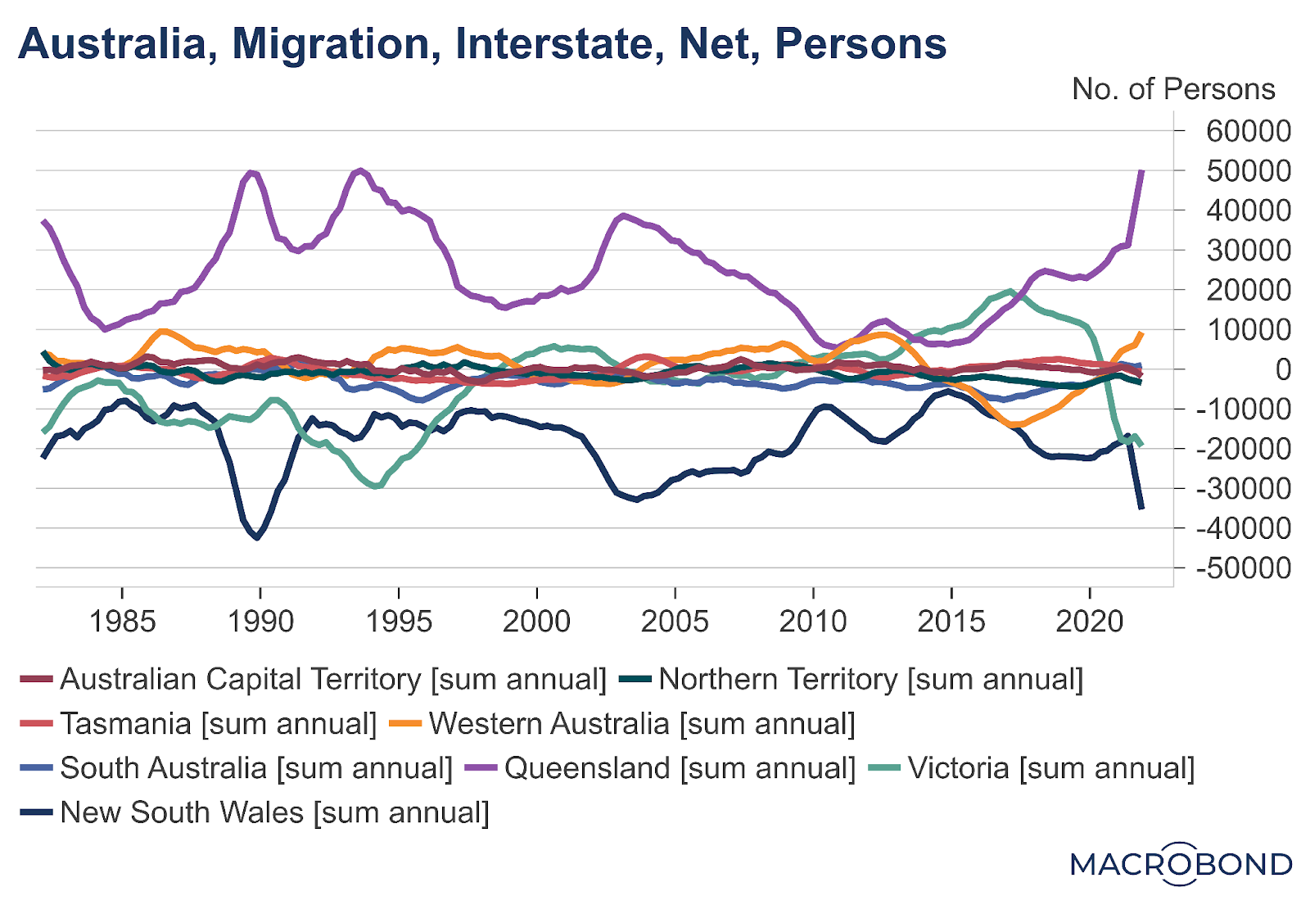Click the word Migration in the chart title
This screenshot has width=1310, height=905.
pos(331,43)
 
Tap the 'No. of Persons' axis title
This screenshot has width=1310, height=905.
pos(1172,88)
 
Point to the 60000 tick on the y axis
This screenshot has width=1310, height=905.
pos(1248,131)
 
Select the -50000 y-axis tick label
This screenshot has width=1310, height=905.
pos(1243,568)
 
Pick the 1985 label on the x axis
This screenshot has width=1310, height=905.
pos(122,622)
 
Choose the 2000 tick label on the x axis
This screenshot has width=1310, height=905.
pos(536,622)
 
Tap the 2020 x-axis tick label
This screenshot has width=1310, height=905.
pos(1089,622)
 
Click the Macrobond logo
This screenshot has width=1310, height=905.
pos(1181,864)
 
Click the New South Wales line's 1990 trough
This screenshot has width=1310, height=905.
pos(257,537)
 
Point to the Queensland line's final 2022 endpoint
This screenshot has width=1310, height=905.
pos(1141,171)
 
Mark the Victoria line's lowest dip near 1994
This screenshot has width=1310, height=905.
pos(376,486)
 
